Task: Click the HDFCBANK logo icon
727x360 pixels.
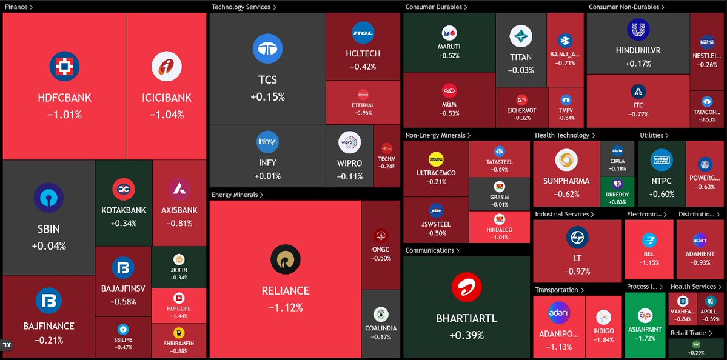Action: pyautogui.click(x=64, y=67)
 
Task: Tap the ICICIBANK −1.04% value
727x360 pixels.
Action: pyautogui.click(x=167, y=114)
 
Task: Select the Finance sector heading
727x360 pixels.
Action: pyautogui.click(x=18, y=7)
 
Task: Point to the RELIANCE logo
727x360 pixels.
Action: pyautogui.click(x=285, y=261)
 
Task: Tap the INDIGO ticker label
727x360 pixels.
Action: pyautogui.click(x=603, y=331)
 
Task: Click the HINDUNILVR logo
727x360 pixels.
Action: pyautogui.click(x=638, y=29)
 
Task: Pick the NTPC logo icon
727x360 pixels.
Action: pyautogui.click(x=661, y=160)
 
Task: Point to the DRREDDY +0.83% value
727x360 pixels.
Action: pyautogui.click(x=618, y=202)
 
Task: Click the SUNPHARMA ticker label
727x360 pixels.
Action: pyautogui.click(x=566, y=181)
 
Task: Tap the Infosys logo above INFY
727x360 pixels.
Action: pyautogui.click(x=267, y=142)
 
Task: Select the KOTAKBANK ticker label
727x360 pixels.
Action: pyautogui.click(x=124, y=210)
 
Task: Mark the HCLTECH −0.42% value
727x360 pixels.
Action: pyautogui.click(x=363, y=67)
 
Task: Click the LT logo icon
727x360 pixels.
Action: pyautogui.click(x=577, y=237)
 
